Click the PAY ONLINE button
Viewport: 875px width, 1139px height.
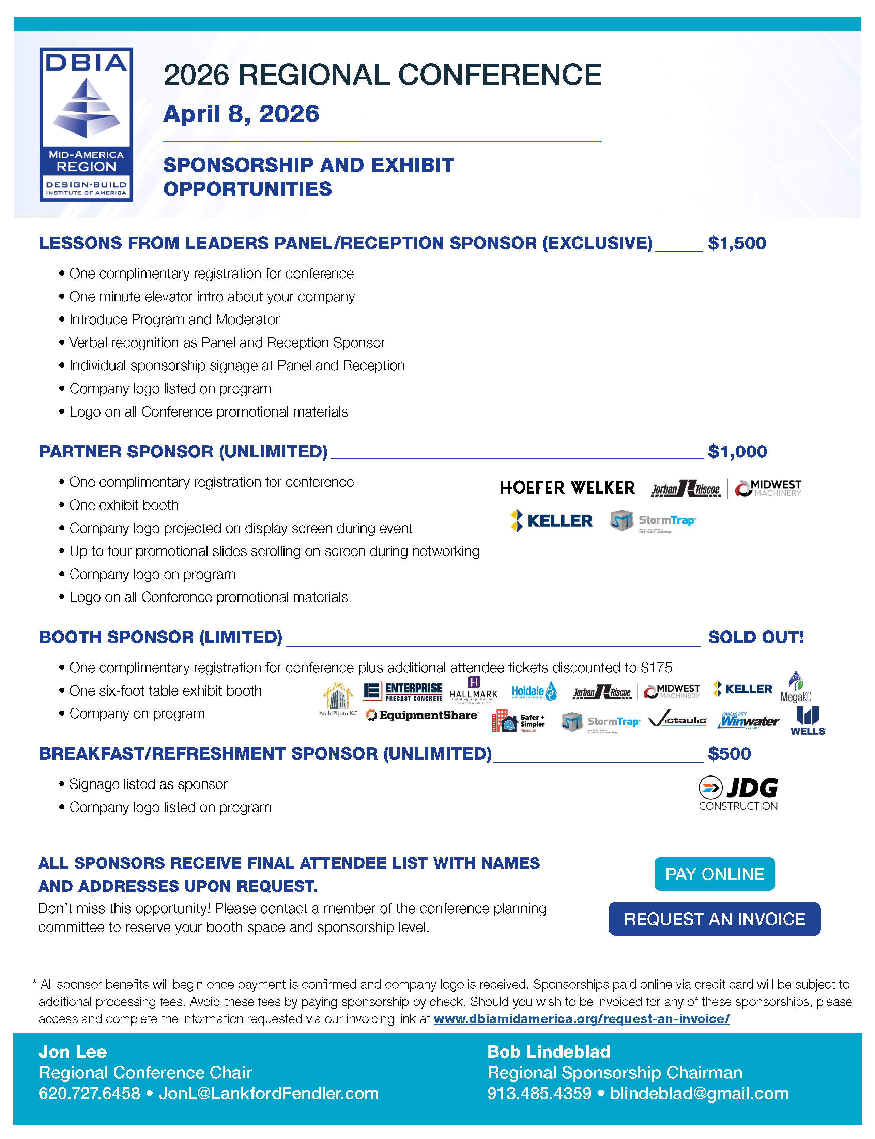[714, 874]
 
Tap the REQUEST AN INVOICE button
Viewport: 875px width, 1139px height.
[714, 919]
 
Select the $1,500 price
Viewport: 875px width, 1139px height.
[736, 243]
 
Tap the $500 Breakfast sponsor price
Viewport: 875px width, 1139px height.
[729, 753]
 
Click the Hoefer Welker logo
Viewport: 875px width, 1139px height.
[567, 487]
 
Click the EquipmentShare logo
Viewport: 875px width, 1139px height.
[422, 715]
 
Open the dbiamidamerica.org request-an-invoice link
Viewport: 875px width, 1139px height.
[581, 1019]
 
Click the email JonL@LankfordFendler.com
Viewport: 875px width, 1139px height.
[269, 1093]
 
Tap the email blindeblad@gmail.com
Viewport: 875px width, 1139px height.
[699, 1093]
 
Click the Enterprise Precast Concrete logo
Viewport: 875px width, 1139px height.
[403, 691]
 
